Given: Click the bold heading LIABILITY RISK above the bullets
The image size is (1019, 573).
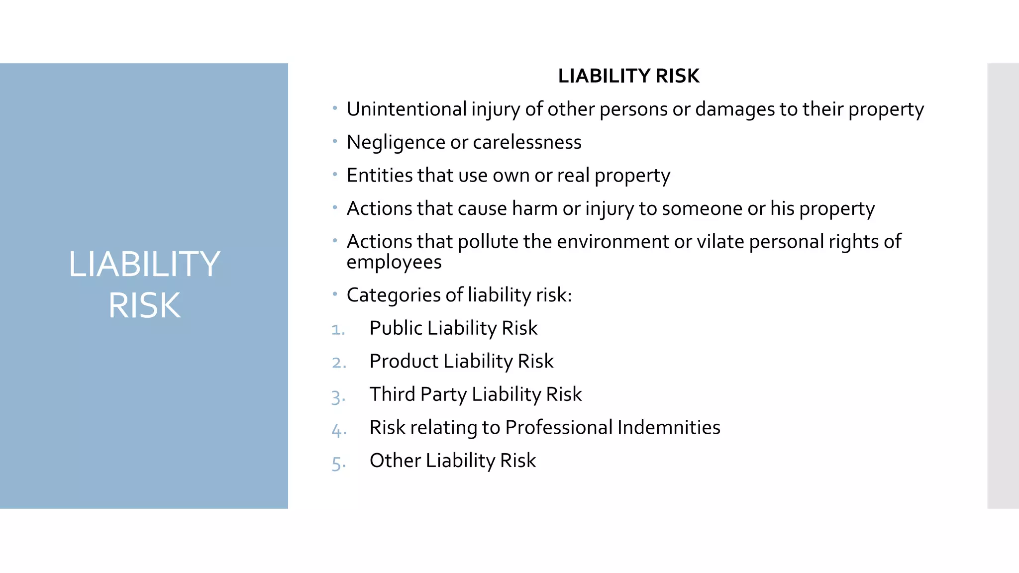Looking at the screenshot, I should coord(628,76).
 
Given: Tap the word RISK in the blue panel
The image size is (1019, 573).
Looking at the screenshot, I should coord(144,305).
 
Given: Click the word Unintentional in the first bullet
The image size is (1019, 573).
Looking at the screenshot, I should coord(407,109).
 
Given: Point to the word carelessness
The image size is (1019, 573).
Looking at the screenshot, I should coord(527,143).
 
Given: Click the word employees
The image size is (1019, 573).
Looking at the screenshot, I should coord(394,262).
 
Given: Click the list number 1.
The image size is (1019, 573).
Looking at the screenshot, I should coord(337,329).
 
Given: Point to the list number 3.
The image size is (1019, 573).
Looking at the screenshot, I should coord(337,396).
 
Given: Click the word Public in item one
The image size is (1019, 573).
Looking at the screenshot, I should coord(396,328).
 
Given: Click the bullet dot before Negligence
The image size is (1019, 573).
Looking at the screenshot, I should coord(335,141).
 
